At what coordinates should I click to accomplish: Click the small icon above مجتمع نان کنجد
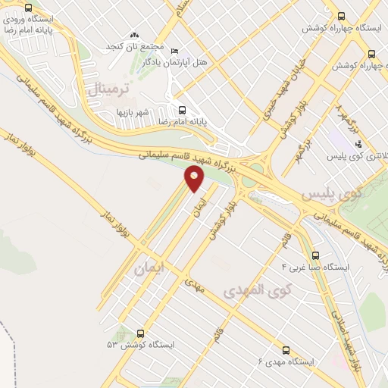tap(135, 35)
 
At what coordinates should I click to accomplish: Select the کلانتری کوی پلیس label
tap(358, 156)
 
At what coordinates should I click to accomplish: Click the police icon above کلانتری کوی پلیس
tap(358, 144)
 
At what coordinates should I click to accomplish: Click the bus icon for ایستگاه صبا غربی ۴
tap(316, 255)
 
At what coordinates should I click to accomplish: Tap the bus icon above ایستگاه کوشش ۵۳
tap(140, 333)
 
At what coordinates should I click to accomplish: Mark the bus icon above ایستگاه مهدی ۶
tap(286, 350)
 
